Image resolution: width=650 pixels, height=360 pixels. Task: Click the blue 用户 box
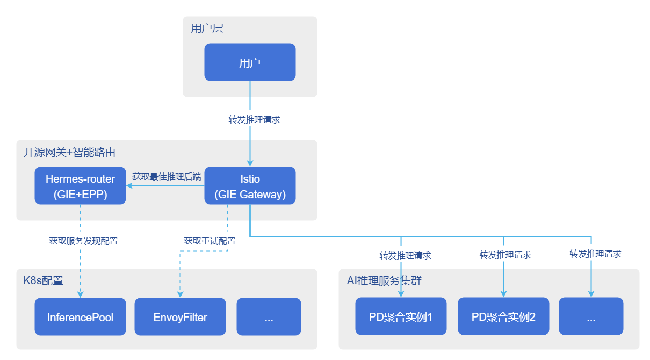[250, 62]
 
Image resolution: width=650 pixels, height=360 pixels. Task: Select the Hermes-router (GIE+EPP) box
[81, 186]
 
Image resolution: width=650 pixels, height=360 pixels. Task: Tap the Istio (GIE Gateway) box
[250, 186]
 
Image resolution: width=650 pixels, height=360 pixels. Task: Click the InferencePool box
[81, 317]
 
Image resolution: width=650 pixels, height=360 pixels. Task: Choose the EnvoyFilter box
[180, 317]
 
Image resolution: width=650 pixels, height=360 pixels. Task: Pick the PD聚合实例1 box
[401, 316]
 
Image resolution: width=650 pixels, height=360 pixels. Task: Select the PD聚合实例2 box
[503, 316]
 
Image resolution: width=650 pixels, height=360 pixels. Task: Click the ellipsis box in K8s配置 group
[269, 317]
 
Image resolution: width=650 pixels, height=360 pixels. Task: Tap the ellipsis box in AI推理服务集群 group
[591, 316]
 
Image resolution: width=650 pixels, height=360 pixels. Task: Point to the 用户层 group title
[207, 28]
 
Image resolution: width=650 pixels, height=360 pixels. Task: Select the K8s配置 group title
[43, 280]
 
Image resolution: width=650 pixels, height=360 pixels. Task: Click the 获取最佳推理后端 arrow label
[167, 176]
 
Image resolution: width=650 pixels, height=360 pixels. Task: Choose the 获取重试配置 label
[210, 241]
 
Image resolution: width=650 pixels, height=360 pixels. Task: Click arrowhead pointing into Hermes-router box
[129, 186]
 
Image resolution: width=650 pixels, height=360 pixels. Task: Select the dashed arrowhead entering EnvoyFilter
[180, 294]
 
